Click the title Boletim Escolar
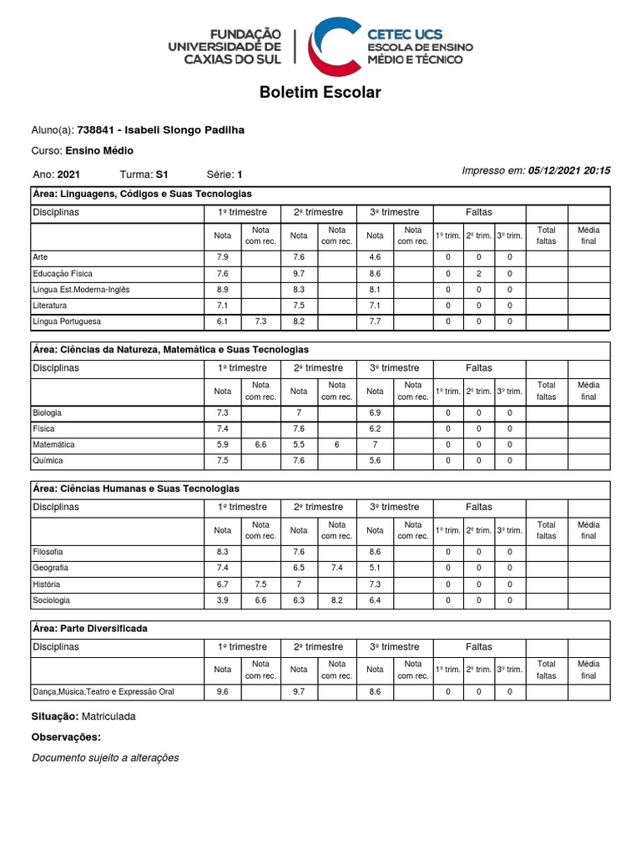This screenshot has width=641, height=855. (320, 92)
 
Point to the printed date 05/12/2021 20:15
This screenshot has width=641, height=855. (569, 170)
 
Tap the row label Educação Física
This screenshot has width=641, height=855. (63, 273)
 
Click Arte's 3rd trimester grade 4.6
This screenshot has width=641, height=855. (375, 257)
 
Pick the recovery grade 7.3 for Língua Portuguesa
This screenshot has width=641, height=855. (260, 321)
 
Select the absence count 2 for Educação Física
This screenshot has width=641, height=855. (479, 273)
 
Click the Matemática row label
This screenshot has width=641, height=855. (53, 444)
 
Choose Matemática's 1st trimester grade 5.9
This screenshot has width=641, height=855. (222, 444)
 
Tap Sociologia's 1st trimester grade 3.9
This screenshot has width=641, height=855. (222, 600)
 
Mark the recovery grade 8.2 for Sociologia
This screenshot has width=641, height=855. (336, 600)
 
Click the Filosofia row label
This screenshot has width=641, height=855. (48, 552)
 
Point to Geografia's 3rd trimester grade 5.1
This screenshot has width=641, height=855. (375, 568)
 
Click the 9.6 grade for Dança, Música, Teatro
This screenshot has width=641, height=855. (222, 691)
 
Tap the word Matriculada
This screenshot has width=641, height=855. (109, 716)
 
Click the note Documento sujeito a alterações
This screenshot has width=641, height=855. (105, 757)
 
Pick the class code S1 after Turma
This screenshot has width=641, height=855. (162, 175)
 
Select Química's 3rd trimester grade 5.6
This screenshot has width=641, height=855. (375, 460)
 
